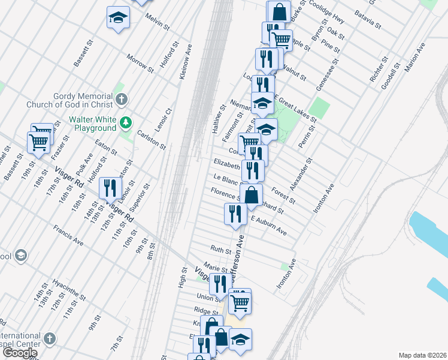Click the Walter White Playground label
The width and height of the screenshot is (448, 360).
(92, 124)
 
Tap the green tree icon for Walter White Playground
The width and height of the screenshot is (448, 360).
(125, 123)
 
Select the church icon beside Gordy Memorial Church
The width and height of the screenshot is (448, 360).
(122, 100)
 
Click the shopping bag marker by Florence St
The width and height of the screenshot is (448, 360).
(251, 194)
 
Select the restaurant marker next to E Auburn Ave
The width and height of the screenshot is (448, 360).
(235, 214)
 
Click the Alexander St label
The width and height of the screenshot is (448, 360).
(301, 175)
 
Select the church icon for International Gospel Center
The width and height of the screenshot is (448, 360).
(51, 340)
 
